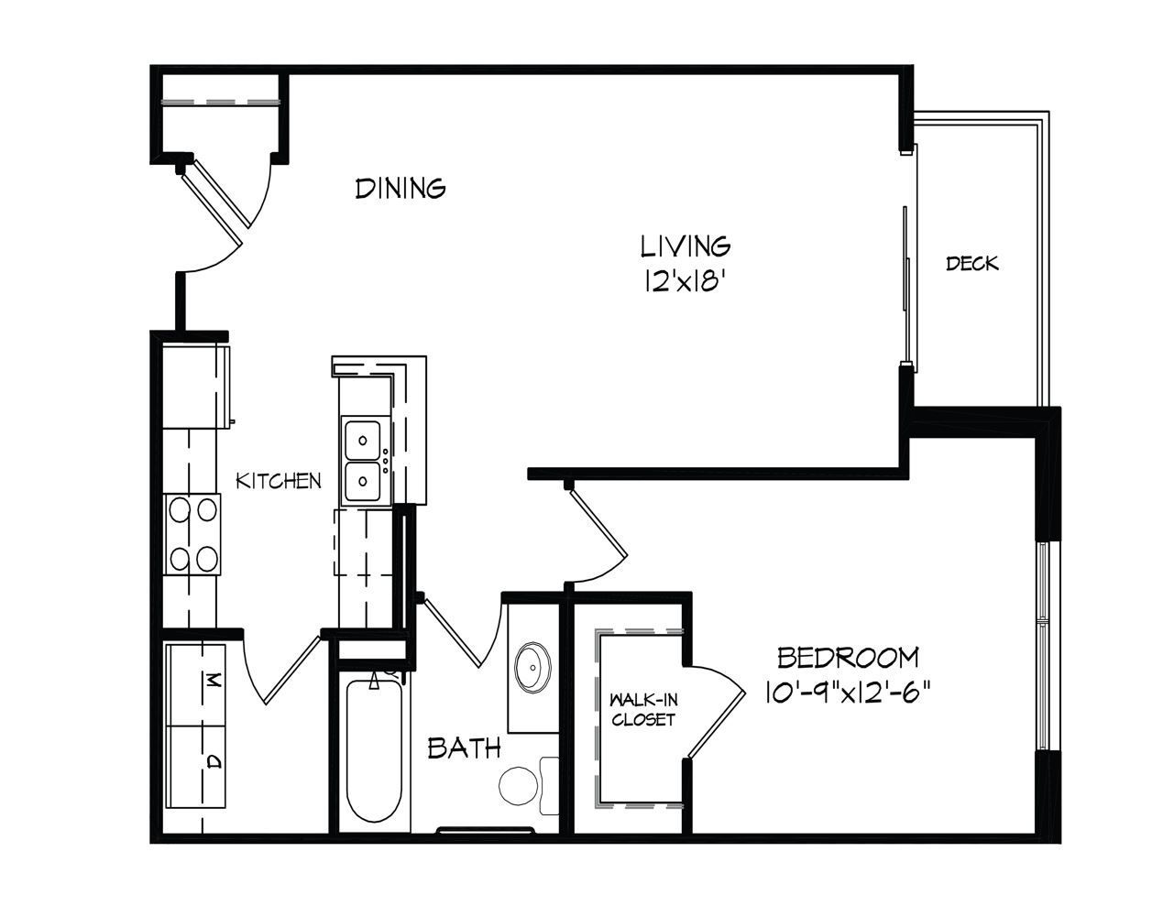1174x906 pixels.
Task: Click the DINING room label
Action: [x=400, y=189]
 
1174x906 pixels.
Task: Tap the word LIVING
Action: [x=685, y=246]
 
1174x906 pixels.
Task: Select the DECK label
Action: [x=972, y=264]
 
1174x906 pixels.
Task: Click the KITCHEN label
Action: [x=279, y=481]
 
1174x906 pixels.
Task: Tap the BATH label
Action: [x=464, y=748]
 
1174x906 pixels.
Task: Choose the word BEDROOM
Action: [x=848, y=658]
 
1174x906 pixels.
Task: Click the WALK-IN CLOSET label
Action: [x=643, y=710]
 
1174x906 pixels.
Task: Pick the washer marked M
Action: [x=194, y=684]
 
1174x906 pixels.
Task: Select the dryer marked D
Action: [x=194, y=767]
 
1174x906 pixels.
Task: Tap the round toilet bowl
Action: [x=519, y=786]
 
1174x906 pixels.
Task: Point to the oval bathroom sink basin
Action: [x=532, y=667]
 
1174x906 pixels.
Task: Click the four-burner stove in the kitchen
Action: [x=192, y=534]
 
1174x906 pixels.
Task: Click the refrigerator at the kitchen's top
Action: [x=195, y=386]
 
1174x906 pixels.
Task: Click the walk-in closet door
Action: [x=716, y=711]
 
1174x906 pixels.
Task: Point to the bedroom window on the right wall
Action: [x=1043, y=646]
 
